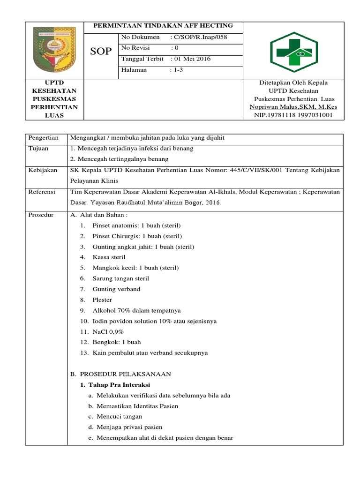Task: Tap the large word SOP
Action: [101, 52]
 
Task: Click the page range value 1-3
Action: [177, 70]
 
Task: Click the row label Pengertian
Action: [44, 138]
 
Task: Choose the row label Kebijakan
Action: [42, 170]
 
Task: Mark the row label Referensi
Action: [42, 192]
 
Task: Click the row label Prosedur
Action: [41, 215]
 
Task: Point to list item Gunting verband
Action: [116, 289]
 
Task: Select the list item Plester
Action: [102, 300]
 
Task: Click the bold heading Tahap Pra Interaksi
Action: [117, 384]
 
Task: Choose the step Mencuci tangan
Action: [119, 416]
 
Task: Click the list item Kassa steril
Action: [109, 257]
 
